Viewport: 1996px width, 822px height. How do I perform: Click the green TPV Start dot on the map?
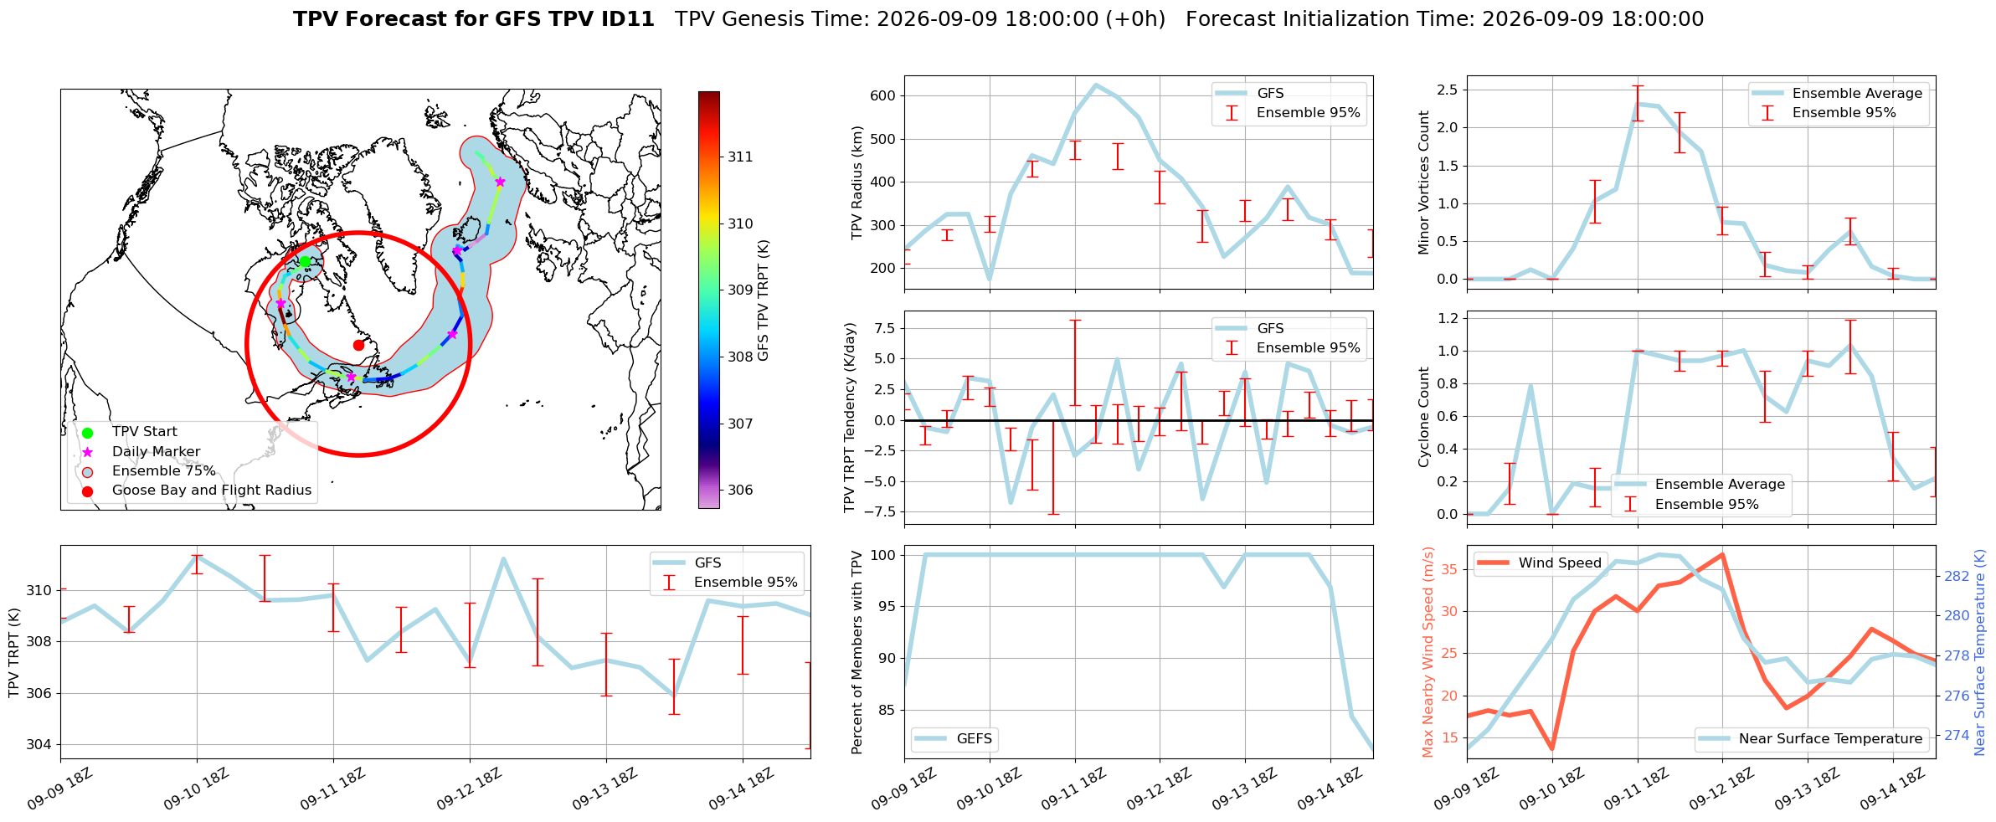305,262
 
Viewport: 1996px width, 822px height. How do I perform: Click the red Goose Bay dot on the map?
358,345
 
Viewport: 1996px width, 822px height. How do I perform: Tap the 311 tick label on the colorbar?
740,157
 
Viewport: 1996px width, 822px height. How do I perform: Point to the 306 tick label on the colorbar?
740,490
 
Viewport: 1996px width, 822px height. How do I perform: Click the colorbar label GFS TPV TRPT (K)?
763,301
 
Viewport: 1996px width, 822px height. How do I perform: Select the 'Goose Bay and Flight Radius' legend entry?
212,491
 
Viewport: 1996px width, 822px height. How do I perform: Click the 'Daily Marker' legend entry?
157,452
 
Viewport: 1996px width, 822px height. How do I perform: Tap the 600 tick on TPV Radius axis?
884,95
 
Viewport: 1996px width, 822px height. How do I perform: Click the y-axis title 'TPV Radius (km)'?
857,182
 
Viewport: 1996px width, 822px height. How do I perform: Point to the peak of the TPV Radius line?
1096,85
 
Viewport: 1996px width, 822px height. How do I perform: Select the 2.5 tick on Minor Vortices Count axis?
1447,90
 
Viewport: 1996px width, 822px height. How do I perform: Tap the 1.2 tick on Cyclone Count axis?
1447,318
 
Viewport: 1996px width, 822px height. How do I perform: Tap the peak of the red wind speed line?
1721,554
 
